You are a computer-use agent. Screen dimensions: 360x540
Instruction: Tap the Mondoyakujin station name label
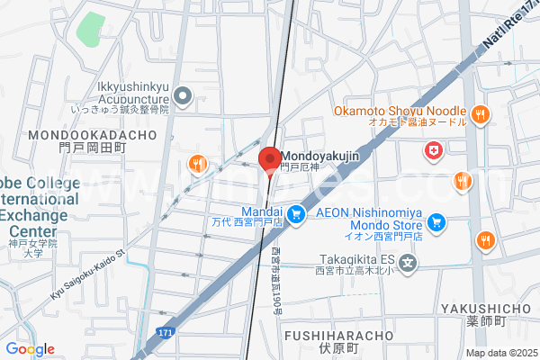[322, 155]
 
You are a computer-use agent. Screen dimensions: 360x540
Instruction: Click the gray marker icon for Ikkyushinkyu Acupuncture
[184, 94]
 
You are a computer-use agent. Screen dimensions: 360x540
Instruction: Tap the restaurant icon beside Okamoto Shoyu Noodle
[481, 114]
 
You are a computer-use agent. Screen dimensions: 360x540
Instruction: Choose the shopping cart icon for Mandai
[294, 214]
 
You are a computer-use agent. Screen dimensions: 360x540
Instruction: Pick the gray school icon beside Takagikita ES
[409, 263]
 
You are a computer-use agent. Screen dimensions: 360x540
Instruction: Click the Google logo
[30, 348]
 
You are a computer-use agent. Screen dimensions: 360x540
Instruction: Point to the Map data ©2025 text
[500, 353]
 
